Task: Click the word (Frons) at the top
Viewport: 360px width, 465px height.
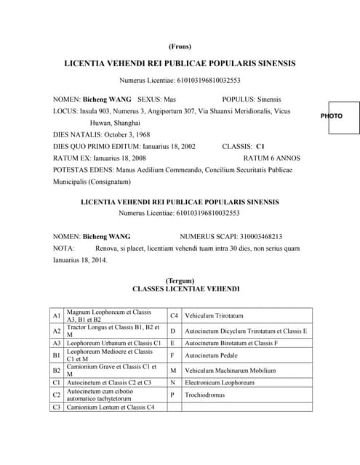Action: click(x=180, y=46)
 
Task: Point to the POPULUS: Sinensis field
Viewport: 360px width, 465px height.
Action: click(x=252, y=99)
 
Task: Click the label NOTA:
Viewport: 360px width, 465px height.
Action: click(x=64, y=248)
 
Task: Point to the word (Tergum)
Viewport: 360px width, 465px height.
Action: click(x=180, y=280)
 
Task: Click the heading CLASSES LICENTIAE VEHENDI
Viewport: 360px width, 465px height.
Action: click(x=180, y=288)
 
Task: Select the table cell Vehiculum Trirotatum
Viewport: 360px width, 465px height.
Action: click(x=214, y=316)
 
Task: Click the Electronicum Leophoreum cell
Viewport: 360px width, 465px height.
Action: click(x=220, y=382)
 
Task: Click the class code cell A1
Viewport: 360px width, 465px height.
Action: click(x=57, y=316)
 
